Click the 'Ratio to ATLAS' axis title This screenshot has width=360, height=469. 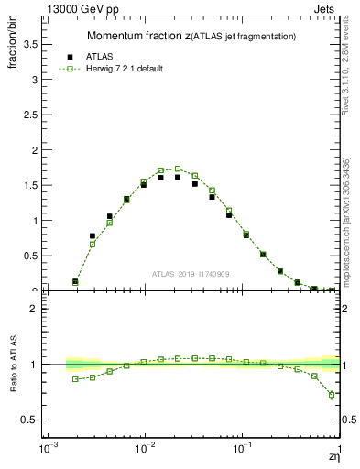click(x=13, y=366)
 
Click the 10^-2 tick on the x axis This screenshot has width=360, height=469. click(x=144, y=451)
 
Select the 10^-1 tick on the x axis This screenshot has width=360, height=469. click(x=242, y=451)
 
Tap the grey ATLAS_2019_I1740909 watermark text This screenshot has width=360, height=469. click(x=191, y=273)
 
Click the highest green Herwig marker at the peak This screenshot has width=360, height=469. click(x=178, y=169)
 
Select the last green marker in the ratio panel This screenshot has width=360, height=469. click(x=332, y=395)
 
